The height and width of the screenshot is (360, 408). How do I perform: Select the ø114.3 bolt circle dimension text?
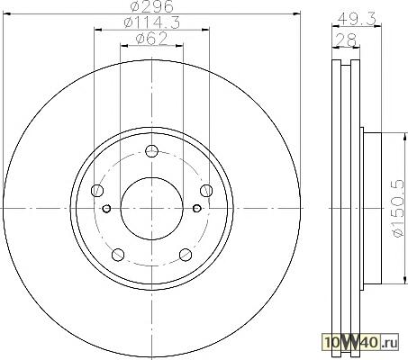tap(152, 22)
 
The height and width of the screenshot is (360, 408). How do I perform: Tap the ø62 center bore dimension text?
tap(151, 39)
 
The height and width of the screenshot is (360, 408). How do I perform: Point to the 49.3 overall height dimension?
tap(357, 20)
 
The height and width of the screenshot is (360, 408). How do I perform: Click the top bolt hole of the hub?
tap(151, 151)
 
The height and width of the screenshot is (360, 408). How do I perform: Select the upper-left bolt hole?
tap(97, 190)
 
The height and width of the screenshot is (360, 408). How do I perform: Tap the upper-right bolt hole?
tap(206, 191)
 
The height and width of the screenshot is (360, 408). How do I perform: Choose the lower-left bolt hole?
tap(118, 255)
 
